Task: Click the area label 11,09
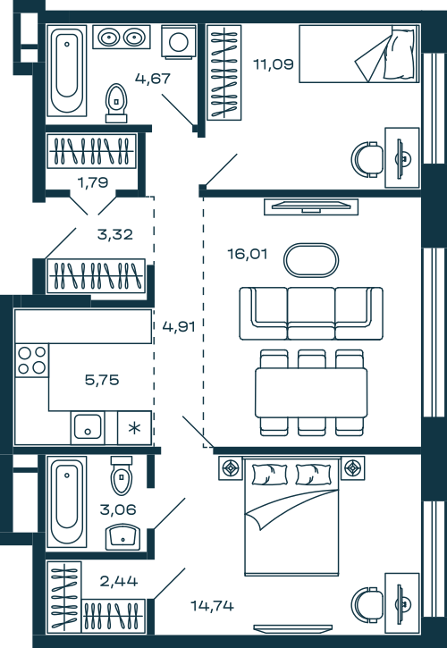coord(274,64)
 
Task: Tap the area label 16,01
coord(248,254)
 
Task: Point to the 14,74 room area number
coord(212,606)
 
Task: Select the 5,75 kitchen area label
coord(102,380)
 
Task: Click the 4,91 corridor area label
coord(179,326)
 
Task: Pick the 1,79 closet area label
coord(93,181)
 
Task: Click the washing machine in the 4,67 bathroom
coord(179,42)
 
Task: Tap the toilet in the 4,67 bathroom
coord(116,104)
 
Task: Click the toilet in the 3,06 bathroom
coord(122,475)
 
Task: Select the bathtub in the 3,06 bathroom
coord(66,501)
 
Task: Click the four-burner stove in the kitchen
coord(32,360)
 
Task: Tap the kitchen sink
coord(88,427)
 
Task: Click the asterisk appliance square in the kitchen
coord(134,428)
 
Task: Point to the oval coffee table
coord(311,260)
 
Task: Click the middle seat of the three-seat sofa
coord(311,313)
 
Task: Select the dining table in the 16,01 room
coord(311,392)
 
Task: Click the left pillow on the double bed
coord(270,474)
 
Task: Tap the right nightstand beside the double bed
coord(353,468)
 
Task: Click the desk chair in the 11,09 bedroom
coord(367,159)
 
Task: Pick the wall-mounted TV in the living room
coord(311,206)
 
